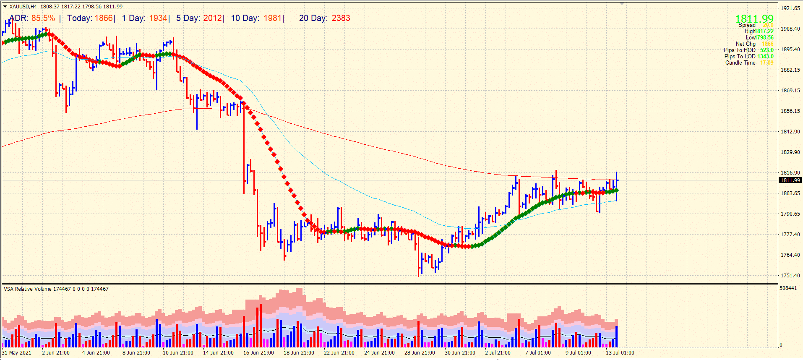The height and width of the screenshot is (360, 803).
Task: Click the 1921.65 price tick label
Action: (x=790, y=8)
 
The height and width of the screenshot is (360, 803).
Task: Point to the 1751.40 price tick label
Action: (x=790, y=276)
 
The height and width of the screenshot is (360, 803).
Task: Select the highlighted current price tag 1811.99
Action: (x=790, y=180)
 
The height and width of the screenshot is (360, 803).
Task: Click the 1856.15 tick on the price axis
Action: (x=790, y=111)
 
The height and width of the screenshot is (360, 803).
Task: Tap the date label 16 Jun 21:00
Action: (x=258, y=353)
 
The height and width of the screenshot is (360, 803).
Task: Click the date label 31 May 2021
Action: (x=17, y=353)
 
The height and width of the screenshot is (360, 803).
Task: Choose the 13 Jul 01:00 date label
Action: (x=620, y=353)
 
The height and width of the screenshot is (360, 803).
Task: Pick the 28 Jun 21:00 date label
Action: (x=420, y=353)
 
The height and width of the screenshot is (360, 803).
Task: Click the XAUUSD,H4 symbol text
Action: (x=23, y=7)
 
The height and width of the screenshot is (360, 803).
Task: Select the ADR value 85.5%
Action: (x=43, y=18)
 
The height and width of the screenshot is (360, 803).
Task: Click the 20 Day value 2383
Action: (x=341, y=18)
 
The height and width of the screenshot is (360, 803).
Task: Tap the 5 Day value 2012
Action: (x=212, y=18)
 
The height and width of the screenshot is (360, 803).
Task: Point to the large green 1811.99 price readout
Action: (x=754, y=18)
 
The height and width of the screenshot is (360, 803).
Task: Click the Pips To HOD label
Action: (x=739, y=50)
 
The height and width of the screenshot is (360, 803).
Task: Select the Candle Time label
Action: (x=740, y=63)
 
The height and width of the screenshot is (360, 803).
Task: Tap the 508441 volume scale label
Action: (x=788, y=288)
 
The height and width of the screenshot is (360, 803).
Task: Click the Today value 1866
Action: (x=104, y=18)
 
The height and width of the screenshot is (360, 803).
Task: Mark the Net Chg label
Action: (x=745, y=44)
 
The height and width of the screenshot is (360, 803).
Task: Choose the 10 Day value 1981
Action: (x=272, y=18)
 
